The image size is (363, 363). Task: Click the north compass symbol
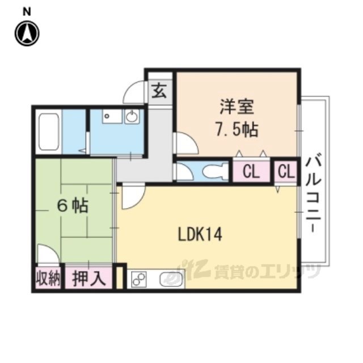[x=27, y=33]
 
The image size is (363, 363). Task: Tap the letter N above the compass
[x=27, y=12]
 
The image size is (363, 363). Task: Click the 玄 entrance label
[x=159, y=91]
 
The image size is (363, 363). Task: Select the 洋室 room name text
[x=237, y=107]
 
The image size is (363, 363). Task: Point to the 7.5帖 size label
[x=237, y=129]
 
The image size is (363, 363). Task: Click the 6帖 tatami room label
[x=73, y=205]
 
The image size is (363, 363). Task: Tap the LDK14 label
[x=200, y=234]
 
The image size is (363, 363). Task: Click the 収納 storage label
[x=48, y=278]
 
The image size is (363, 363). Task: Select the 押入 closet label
[x=89, y=278]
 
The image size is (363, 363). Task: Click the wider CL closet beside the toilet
[x=251, y=171]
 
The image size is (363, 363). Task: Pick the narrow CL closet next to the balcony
[x=286, y=171]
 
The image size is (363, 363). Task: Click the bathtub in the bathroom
[x=49, y=132]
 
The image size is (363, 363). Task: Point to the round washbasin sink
[x=132, y=116]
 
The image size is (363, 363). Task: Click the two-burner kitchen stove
[x=139, y=279]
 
